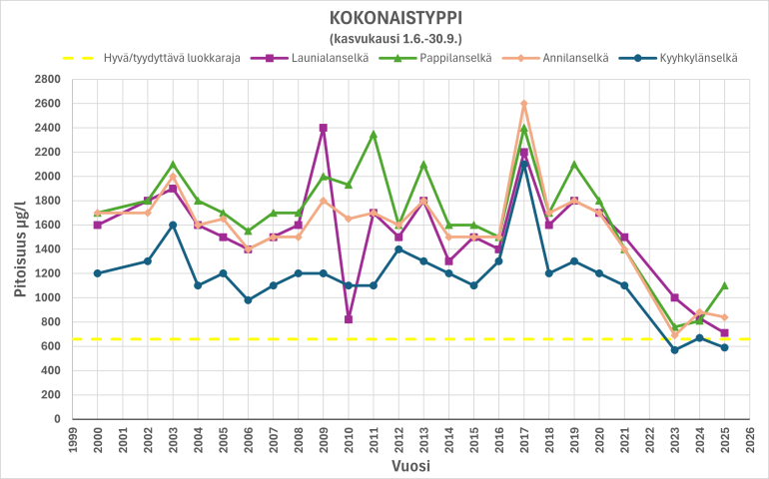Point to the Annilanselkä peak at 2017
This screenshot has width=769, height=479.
(524, 104)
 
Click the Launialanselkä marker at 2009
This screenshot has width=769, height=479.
(324, 128)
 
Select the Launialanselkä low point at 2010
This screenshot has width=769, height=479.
(349, 319)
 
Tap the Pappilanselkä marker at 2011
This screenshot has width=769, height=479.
(374, 134)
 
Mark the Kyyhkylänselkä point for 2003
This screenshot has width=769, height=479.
(173, 225)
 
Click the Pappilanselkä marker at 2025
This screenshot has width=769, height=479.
(725, 285)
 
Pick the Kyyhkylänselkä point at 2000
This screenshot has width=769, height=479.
(97, 273)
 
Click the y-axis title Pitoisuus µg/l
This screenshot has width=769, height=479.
(18, 249)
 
